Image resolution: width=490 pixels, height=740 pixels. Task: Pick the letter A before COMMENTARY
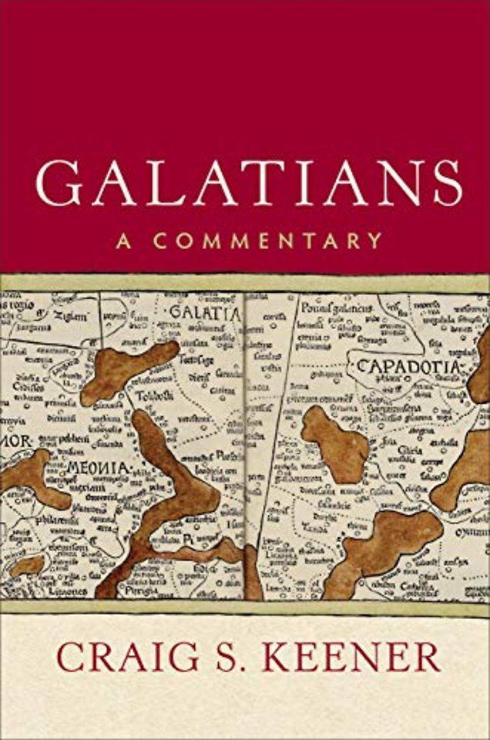(x=121, y=240)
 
